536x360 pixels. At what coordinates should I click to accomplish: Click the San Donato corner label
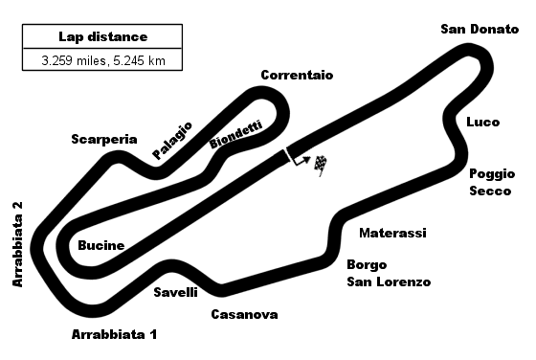[x=480, y=29]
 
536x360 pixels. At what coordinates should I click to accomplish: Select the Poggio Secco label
[x=490, y=182]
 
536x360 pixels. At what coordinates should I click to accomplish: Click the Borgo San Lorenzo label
[x=389, y=273]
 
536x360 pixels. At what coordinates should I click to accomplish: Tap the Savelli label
[x=176, y=292]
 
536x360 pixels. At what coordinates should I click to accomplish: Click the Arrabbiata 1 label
[x=114, y=335]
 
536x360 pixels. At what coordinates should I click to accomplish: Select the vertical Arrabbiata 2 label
[x=17, y=244]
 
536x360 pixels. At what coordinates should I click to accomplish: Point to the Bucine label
[x=101, y=246]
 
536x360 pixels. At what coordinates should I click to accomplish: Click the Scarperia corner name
[x=104, y=139]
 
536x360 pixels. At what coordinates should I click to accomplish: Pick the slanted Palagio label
[x=172, y=139]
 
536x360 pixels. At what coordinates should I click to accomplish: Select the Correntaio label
[x=297, y=75]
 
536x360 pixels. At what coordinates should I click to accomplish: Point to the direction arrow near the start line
[x=301, y=161]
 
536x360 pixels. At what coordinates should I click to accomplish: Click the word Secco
[x=489, y=191]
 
